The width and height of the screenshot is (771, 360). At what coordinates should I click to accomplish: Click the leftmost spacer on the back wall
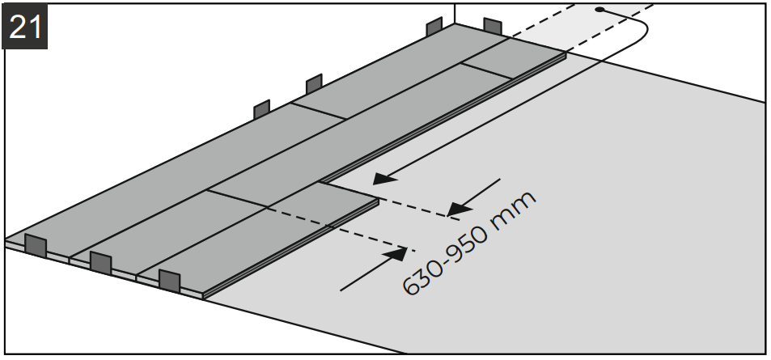[261, 109]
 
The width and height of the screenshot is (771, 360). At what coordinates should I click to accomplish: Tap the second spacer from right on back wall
[434, 27]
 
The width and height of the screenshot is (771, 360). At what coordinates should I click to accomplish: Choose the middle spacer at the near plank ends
[100, 262]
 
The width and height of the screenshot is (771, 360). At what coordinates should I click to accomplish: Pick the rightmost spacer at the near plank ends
[169, 281]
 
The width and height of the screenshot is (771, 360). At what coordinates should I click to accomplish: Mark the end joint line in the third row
[236, 198]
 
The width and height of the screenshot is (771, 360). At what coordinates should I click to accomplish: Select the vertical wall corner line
[454, 13]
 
